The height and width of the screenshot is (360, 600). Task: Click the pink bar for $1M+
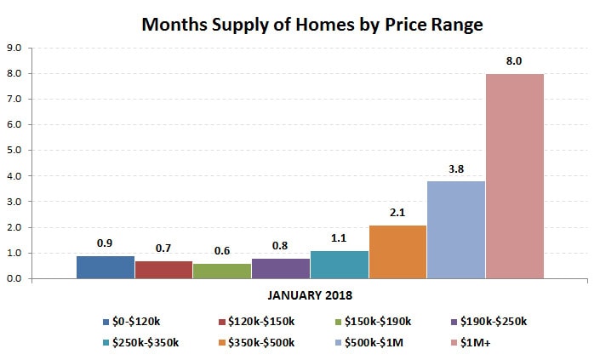pyautogui.click(x=514, y=176)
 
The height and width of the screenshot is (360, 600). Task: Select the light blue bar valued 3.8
pyautogui.click(x=456, y=230)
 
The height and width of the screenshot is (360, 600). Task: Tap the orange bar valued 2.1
pyautogui.click(x=397, y=252)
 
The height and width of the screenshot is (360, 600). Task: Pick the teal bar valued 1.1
pyautogui.click(x=340, y=265)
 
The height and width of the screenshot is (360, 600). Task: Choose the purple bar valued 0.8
pyautogui.click(x=281, y=268)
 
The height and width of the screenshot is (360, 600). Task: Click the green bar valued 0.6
pyautogui.click(x=222, y=271)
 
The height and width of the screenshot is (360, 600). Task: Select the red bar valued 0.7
pyautogui.click(x=163, y=270)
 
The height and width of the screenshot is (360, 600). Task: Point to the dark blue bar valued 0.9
pyautogui.click(x=106, y=267)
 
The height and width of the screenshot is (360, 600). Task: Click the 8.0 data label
pyautogui.click(x=514, y=61)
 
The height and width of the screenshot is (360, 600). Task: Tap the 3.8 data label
pyautogui.click(x=456, y=169)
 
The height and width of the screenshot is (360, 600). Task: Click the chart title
pyautogui.click(x=312, y=25)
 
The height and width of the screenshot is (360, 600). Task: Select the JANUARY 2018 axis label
pyautogui.click(x=310, y=296)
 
